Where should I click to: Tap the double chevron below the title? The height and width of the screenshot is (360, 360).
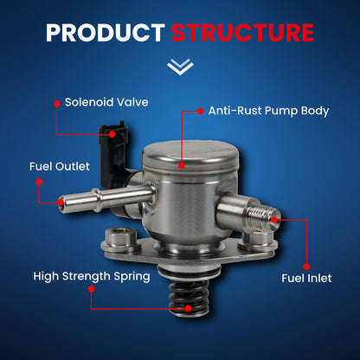[180, 67]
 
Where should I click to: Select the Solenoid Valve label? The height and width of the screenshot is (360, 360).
[106, 101]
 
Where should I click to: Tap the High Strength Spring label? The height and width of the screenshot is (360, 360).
[92, 277]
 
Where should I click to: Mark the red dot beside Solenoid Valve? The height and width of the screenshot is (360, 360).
[57, 101]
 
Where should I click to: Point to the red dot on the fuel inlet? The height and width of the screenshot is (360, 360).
[274, 219]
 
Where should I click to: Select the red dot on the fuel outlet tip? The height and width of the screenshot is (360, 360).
[60, 201]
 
